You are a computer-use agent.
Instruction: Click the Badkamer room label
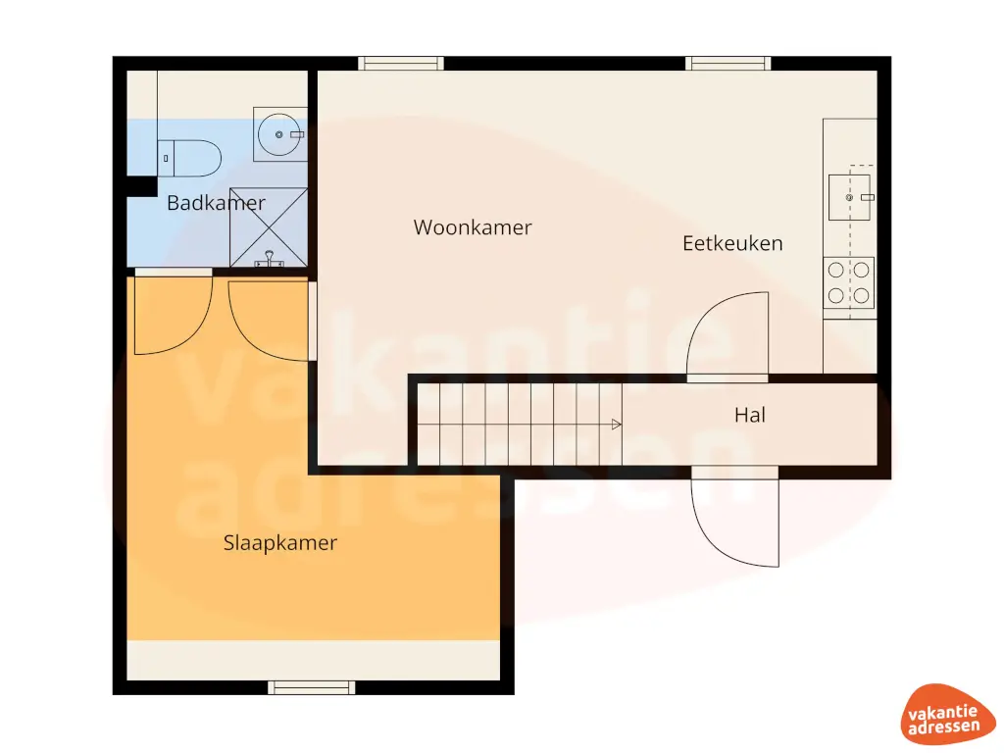pyautogui.click(x=216, y=204)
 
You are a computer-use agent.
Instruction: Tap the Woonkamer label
pyautogui.click(x=473, y=227)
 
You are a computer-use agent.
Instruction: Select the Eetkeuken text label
pyautogui.click(x=732, y=243)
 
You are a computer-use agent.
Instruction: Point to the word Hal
pyautogui.click(x=750, y=416)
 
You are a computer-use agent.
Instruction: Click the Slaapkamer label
pyautogui.click(x=280, y=543)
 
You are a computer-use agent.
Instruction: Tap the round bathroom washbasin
pyautogui.click(x=279, y=133)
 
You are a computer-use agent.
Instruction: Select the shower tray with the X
pyautogui.click(x=269, y=226)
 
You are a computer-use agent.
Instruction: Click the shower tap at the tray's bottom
pyautogui.click(x=268, y=261)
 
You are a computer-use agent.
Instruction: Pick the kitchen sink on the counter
pyautogui.click(x=849, y=197)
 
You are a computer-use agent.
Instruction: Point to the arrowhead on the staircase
pyautogui.click(x=617, y=425)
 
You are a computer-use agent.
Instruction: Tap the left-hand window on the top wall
pyautogui.click(x=401, y=64)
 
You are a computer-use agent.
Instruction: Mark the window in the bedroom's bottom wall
pyautogui.click(x=312, y=687)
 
